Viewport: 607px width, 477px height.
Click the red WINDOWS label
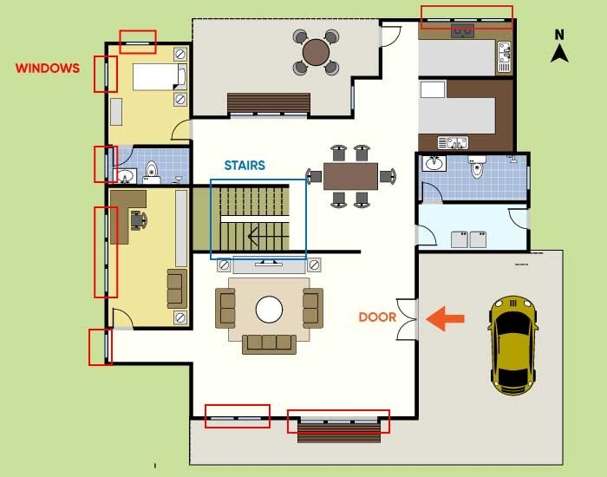click(48, 67)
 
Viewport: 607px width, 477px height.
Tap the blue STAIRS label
click(245, 165)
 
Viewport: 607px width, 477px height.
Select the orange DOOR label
click(377, 317)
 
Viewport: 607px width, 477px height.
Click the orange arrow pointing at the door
click(447, 318)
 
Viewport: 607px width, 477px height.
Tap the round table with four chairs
click(316, 54)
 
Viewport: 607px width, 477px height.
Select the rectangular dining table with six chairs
click(350, 177)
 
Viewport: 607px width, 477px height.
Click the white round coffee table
click(269, 309)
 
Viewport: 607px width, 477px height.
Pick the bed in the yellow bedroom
click(159, 77)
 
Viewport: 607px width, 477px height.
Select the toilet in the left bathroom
click(151, 173)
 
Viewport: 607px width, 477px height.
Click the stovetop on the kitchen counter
click(463, 32)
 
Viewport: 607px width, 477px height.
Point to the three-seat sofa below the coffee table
click(270, 343)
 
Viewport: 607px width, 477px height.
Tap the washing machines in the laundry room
click(470, 238)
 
